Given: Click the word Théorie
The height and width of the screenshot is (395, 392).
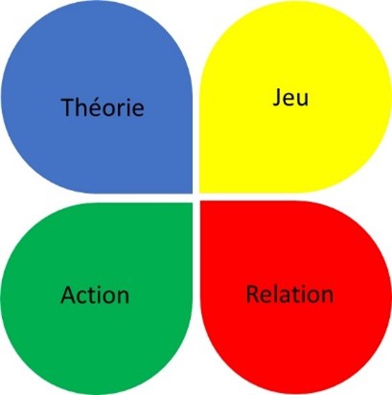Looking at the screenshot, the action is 103,107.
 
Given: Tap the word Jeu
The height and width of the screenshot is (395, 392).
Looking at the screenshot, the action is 290,98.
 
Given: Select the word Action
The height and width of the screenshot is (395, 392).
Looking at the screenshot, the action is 95,294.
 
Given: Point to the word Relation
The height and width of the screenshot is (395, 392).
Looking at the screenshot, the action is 289,294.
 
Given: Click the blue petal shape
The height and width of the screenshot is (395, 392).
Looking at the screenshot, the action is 97,97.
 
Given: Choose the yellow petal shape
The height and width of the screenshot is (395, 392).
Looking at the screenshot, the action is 295,97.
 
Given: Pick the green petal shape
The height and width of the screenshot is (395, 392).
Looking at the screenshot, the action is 97,298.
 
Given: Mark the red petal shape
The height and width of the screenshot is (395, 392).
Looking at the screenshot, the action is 296,297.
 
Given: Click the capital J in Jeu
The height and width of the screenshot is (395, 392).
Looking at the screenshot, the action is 277,98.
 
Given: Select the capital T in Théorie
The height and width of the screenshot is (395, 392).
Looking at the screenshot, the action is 67,107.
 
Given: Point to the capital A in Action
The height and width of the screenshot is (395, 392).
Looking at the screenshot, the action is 68,294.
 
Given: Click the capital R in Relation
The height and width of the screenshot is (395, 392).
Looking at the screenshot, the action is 252,294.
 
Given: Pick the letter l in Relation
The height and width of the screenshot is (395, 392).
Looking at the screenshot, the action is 275,293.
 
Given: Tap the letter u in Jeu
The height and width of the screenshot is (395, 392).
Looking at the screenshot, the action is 303,100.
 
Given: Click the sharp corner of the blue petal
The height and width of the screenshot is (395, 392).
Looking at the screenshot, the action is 192,193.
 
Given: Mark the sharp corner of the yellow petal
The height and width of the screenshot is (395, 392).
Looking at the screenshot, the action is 200,193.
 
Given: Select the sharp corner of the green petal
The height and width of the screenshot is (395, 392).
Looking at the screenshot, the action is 192,203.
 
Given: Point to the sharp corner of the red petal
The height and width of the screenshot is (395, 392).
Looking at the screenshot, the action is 200,201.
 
